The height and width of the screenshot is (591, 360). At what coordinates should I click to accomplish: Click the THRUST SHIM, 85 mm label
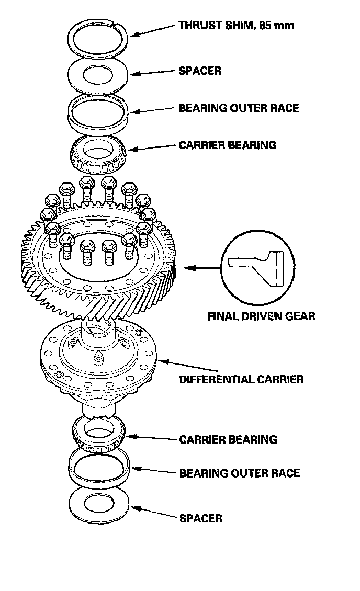pos(236,25)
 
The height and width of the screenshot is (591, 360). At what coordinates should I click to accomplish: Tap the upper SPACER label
pos(200,71)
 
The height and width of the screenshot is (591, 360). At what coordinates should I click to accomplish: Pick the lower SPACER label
pos(201,518)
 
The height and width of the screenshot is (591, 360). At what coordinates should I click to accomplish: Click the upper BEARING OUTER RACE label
pos(239,108)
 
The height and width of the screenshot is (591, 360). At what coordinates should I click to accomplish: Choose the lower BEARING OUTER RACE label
pos(240,473)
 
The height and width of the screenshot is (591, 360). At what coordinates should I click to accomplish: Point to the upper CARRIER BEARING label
pos(228,145)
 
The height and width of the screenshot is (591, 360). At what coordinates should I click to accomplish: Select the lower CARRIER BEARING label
pos(228,439)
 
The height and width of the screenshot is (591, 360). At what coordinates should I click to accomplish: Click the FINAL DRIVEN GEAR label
pos(261,316)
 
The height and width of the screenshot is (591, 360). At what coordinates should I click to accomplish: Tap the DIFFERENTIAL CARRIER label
pos(241,379)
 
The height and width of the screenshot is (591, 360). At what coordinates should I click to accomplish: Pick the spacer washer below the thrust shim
pos(98,73)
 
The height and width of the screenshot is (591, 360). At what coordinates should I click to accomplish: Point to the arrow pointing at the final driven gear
pos(201,267)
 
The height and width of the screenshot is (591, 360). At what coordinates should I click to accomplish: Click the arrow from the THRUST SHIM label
pos(152,30)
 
